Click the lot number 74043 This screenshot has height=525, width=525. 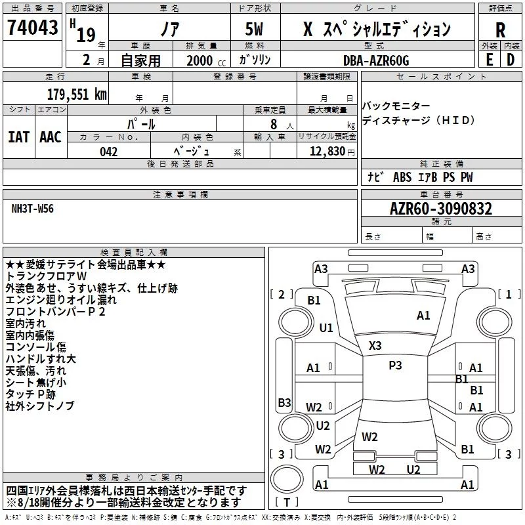click(x=32, y=27)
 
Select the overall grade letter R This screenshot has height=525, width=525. click(x=500, y=30)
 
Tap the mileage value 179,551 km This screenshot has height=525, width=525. click(x=77, y=94)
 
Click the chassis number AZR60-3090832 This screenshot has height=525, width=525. click(x=441, y=209)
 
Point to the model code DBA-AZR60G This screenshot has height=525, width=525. click(x=376, y=60)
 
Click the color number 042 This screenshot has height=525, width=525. click(x=109, y=152)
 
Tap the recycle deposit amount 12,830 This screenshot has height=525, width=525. click(x=327, y=151)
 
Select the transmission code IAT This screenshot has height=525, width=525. click(x=19, y=137)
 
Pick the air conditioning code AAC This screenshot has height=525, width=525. click(x=51, y=137)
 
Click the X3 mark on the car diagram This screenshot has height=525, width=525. click(x=375, y=345)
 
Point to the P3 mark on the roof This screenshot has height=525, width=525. click(x=395, y=366)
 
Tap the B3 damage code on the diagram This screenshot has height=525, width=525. click(x=284, y=402)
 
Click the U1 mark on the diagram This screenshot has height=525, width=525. click(x=326, y=327)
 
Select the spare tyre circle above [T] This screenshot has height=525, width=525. click(x=287, y=479)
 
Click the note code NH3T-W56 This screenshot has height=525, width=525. click(x=32, y=209)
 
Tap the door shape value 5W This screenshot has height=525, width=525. click(x=254, y=29)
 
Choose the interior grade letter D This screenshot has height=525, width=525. click(x=511, y=60)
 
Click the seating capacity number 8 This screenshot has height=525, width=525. click(x=274, y=124)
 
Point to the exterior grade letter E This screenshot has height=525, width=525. click(x=490, y=60)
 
